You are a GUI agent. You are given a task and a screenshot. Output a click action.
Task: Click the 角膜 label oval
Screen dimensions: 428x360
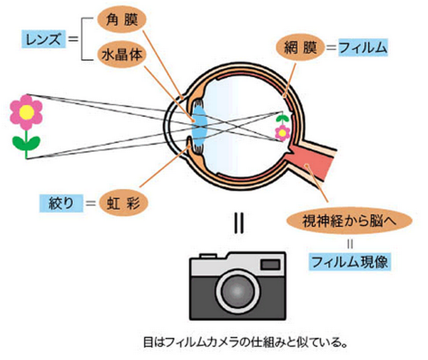pyautogui.click(x=122, y=19)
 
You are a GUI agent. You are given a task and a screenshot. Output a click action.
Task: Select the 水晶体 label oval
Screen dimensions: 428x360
pyautogui.click(x=122, y=55)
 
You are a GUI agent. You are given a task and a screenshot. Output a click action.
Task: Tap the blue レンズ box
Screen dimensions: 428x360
pyautogui.click(x=44, y=39)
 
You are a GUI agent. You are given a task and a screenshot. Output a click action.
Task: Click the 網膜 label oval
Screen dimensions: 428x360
pyautogui.click(x=300, y=48)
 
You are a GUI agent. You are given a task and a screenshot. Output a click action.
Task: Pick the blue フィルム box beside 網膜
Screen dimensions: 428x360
pyautogui.click(x=363, y=48)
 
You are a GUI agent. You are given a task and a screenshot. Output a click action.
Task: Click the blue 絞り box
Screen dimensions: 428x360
pyautogui.click(x=61, y=203)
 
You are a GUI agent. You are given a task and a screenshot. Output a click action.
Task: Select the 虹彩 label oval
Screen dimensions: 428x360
pyautogui.click(x=123, y=203)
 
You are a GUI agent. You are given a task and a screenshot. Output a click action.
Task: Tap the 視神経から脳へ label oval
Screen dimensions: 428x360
pyautogui.click(x=349, y=221)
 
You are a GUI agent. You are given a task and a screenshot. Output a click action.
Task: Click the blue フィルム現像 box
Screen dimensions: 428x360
pyautogui.click(x=350, y=262)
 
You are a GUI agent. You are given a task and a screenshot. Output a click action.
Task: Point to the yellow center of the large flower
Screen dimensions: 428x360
pyautogui.click(x=27, y=112)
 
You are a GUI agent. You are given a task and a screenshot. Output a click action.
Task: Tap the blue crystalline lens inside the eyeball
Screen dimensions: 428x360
pyautogui.click(x=200, y=126)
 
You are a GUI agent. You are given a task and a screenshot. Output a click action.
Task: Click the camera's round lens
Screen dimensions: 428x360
pyautogui.click(x=238, y=292)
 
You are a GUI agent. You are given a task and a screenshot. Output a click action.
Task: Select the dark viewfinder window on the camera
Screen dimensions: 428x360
pyautogui.click(x=270, y=264)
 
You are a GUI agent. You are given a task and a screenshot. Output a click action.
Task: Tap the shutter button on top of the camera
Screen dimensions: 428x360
pyautogui.click(x=208, y=256)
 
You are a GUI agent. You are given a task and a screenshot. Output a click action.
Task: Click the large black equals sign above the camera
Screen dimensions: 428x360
pyautogui.click(x=239, y=223)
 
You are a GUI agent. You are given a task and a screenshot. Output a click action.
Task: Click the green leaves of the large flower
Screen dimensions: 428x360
pyautogui.click(x=26, y=143)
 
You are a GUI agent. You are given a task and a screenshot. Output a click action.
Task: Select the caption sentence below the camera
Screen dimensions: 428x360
pyautogui.click(x=245, y=342)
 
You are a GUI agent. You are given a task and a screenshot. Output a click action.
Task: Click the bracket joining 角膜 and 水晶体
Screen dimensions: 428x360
pyautogui.click(x=82, y=39)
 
